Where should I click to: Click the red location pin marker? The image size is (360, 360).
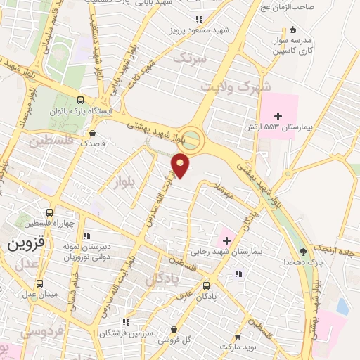click(x=181, y=165)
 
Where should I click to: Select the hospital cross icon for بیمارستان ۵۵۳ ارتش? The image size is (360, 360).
click(x=278, y=115)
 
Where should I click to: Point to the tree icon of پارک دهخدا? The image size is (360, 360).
click(x=303, y=251)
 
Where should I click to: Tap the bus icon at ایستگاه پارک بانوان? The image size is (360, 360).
click(x=81, y=101)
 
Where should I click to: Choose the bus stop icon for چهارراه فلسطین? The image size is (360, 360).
click(x=49, y=212)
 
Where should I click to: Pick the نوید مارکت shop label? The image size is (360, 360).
click(x=237, y=347)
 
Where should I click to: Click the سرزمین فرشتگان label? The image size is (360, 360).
click(x=125, y=331)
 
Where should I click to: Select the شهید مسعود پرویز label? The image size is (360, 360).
click(x=194, y=32)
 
